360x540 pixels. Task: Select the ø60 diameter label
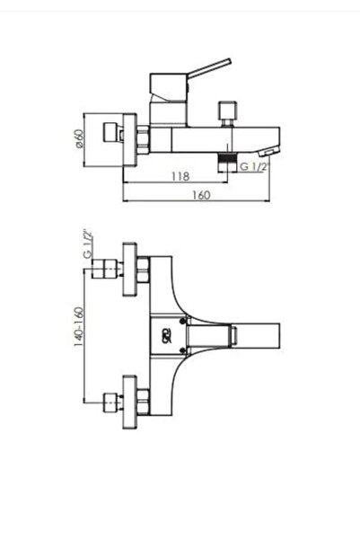coord(79,139)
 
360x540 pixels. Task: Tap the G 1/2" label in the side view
coord(254,165)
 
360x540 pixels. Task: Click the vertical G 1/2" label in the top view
coord(87,243)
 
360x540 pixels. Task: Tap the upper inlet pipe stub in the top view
coord(110,268)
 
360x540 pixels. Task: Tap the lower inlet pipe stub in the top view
coord(110,403)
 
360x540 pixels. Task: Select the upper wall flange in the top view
coord(128,268)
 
